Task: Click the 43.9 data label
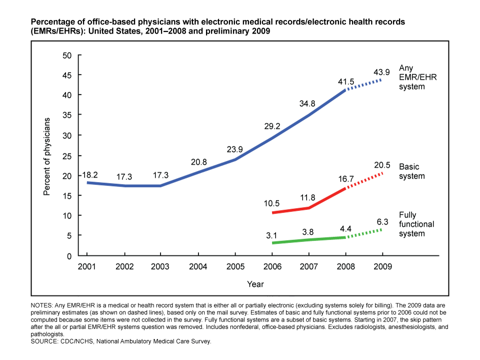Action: [x=382, y=72]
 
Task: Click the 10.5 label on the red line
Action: [x=272, y=203]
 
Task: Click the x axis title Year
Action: [x=255, y=284]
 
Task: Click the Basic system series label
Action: [x=412, y=171]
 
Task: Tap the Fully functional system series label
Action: [x=416, y=223]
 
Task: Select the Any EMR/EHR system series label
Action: [x=411, y=77]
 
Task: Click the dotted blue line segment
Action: [x=364, y=84]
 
